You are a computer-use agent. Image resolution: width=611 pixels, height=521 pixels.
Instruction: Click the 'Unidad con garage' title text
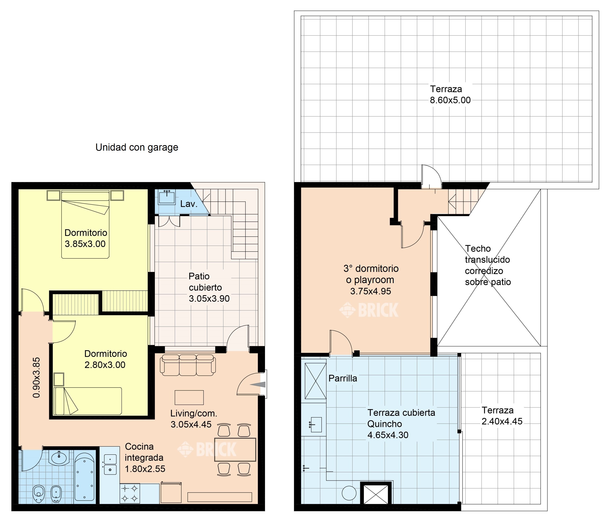pyautogui.click(x=137, y=147)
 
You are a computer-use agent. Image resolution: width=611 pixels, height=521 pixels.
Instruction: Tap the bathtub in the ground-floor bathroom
pyautogui.click(x=84, y=477)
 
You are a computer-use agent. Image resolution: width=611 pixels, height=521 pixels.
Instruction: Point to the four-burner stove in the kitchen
pyautogui.click(x=130, y=493)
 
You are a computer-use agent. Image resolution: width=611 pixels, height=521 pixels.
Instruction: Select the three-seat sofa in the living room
pyautogui.click(x=188, y=365)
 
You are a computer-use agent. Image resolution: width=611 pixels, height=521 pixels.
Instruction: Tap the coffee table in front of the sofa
pyautogui.click(x=189, y=398)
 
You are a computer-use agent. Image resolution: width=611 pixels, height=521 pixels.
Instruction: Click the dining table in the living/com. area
pyautogui.click(x=235, y=450)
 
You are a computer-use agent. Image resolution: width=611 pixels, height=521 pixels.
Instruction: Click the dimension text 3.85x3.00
pyautogui.click(x=85, y=244)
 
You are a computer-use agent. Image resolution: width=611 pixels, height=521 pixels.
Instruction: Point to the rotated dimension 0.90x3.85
pyautogui.click(x=36, y=378)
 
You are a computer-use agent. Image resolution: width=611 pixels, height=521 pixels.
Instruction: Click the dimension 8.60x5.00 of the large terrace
pyautogui.click(x=450, y=100)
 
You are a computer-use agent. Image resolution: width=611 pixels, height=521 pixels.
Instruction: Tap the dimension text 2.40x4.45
pyautogui.click(x=502, y=421)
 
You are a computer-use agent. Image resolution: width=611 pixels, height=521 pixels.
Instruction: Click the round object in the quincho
pyautogui.click(x=349, y=493)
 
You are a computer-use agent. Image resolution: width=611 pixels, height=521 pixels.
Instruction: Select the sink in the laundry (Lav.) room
pyautogui.click(x=167, y=197)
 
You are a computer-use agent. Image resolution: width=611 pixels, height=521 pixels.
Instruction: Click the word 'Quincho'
pyautogui.click(x=385, y=424)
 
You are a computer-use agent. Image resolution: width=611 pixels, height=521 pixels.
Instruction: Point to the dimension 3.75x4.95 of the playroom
pyautogui.click(x=370, y=291)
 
